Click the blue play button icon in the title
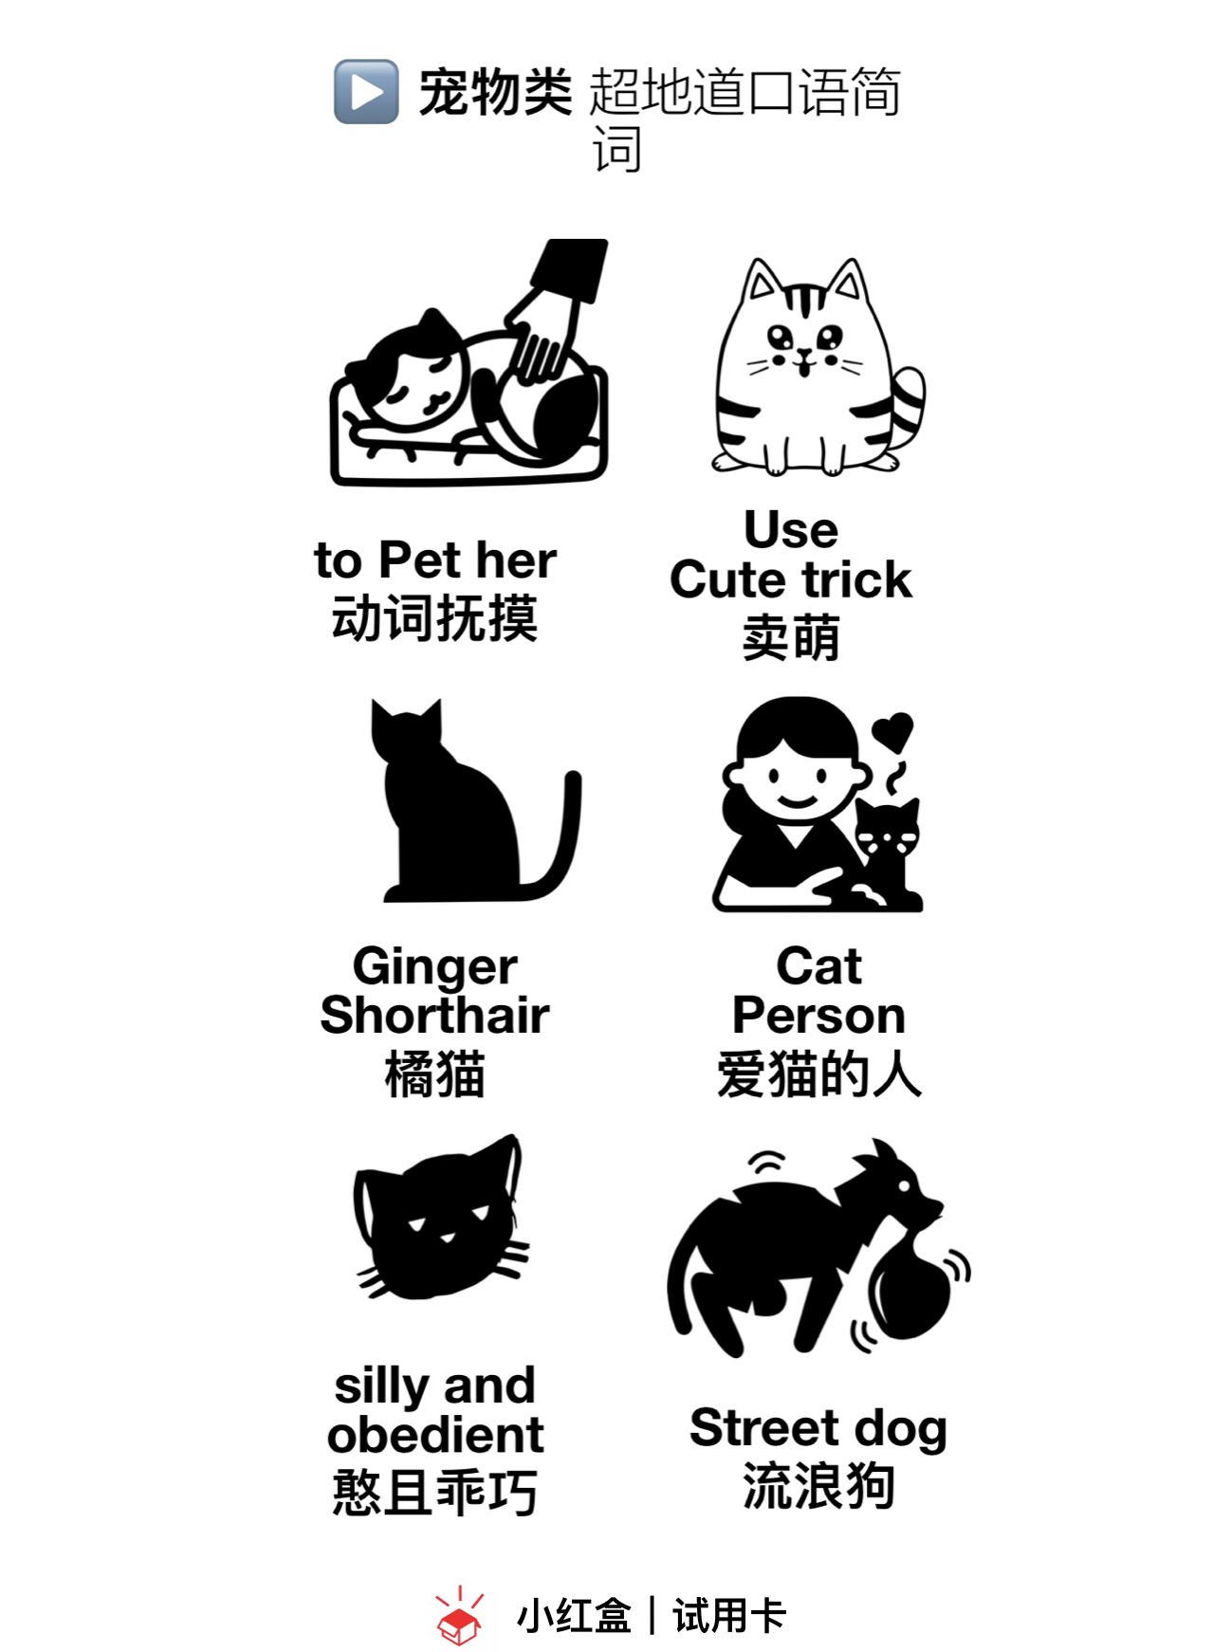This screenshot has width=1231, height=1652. coord(366,92)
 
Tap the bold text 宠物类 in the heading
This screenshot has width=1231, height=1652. coord(495,92)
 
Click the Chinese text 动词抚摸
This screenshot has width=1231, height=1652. coord(435,618)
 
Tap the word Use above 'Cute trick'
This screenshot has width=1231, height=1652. coord(791,529)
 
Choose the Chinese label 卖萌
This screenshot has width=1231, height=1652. coord(791,637)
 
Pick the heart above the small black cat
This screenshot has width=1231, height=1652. coord(892,731)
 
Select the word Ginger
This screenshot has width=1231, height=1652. coord(435,967)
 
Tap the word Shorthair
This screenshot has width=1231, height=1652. coord(435,1015)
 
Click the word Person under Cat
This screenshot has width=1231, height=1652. coord(819,1015)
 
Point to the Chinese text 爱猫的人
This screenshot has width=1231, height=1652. coord(819,1074)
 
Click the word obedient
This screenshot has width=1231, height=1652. coord(435,1434)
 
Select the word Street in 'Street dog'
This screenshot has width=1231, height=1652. coord(764,1427)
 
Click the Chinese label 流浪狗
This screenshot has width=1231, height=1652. coord(819,1486)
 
